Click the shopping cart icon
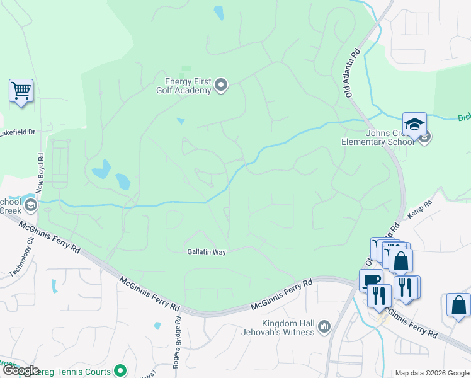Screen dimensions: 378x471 click(x=21, y=91)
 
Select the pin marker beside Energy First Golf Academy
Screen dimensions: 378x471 click(x=221, y=85)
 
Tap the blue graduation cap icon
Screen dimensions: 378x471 click(x=414, y=124)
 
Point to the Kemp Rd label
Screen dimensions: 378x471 click(x=421, y=210)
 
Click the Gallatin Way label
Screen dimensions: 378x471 click(x=206, y=251)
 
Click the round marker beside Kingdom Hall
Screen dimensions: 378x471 click(x=325, y=326)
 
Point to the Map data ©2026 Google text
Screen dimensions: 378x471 click(x=431, y=373)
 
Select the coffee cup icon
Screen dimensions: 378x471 click(x=370, y=280)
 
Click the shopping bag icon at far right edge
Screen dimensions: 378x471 click(x=458, y=304)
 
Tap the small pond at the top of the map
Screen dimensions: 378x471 click(x=218, y=13)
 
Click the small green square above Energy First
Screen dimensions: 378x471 click(x=186, y=69)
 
